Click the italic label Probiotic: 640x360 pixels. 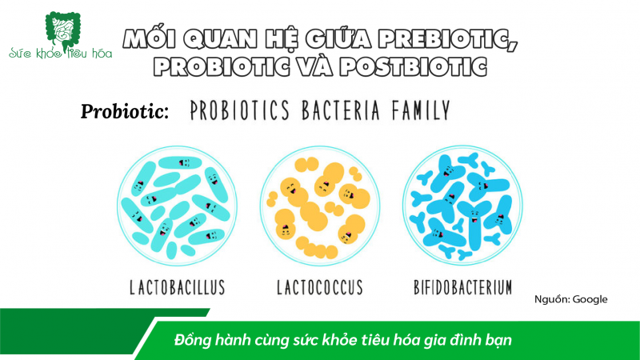click(x=124, y=112)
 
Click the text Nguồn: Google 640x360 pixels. click(x=571, y=299)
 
